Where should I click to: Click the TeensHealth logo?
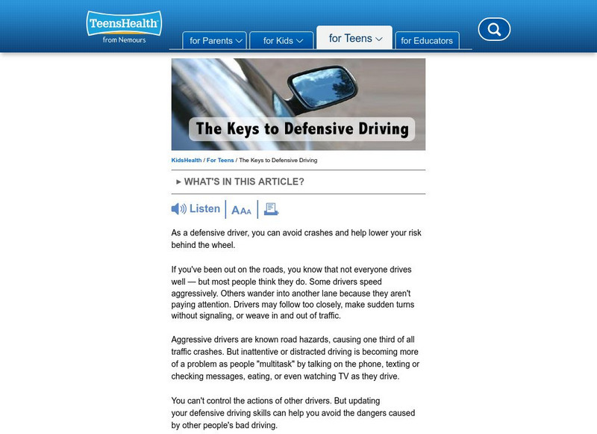tap(123, 24)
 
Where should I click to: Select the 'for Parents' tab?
tap(216, 40)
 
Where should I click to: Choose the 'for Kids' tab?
tap(283, 40)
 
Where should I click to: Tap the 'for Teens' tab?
tap(355, 38)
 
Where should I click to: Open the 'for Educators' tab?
tap(427, 40)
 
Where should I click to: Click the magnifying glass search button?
tap(493, 30)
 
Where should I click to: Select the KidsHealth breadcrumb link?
tap(186, 160)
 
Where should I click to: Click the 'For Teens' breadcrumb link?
tap(220, 160)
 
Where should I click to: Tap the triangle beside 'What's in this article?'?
tap(179, 182)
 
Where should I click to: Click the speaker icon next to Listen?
tap(179, 209)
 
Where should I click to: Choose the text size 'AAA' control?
tap(241, 211)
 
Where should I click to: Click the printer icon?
tap(272, 210)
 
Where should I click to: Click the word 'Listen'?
tap(205, 209)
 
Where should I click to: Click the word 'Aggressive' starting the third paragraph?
tap(196, 339)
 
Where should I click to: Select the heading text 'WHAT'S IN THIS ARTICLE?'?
tap(244, 182)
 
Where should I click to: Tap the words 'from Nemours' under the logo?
tap(124, 40)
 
